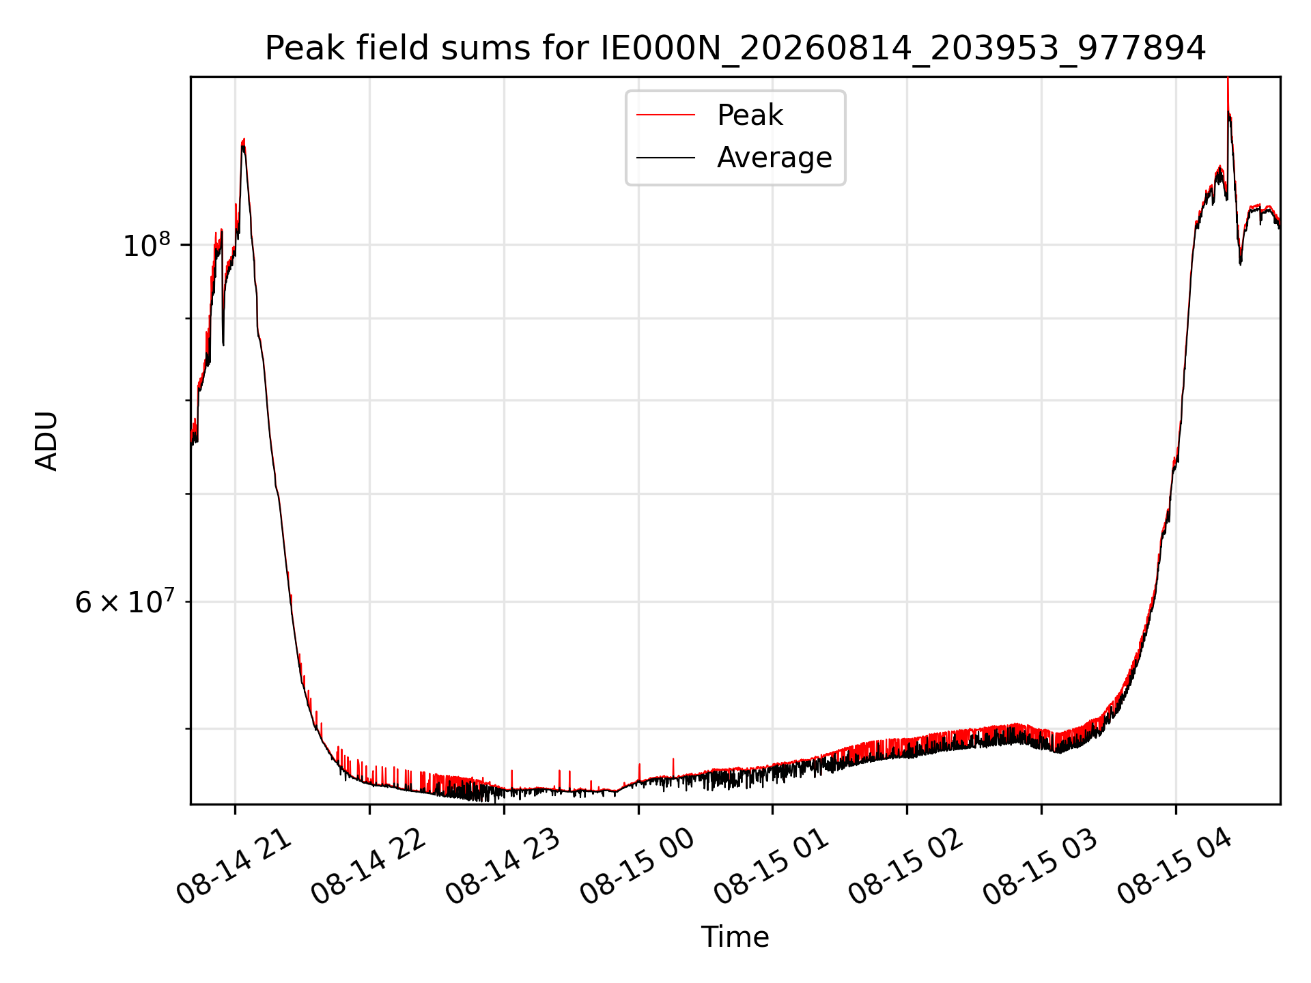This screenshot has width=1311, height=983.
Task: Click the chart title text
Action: coord(735,48)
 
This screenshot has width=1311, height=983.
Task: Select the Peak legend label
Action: coord(750,115)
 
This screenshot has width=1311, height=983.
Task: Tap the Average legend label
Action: coord(774,158)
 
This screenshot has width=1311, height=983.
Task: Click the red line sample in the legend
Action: coord(666,115)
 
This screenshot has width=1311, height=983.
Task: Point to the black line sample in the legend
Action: coord(666,158)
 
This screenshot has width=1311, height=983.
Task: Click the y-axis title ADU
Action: coord(46,441)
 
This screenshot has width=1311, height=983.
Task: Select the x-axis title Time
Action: coord(735,937)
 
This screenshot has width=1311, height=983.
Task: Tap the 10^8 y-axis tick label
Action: coord(147,244)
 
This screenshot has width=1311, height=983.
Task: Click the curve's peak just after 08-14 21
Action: coord(244,141)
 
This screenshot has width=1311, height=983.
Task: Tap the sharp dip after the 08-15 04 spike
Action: coord(1241,262)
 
